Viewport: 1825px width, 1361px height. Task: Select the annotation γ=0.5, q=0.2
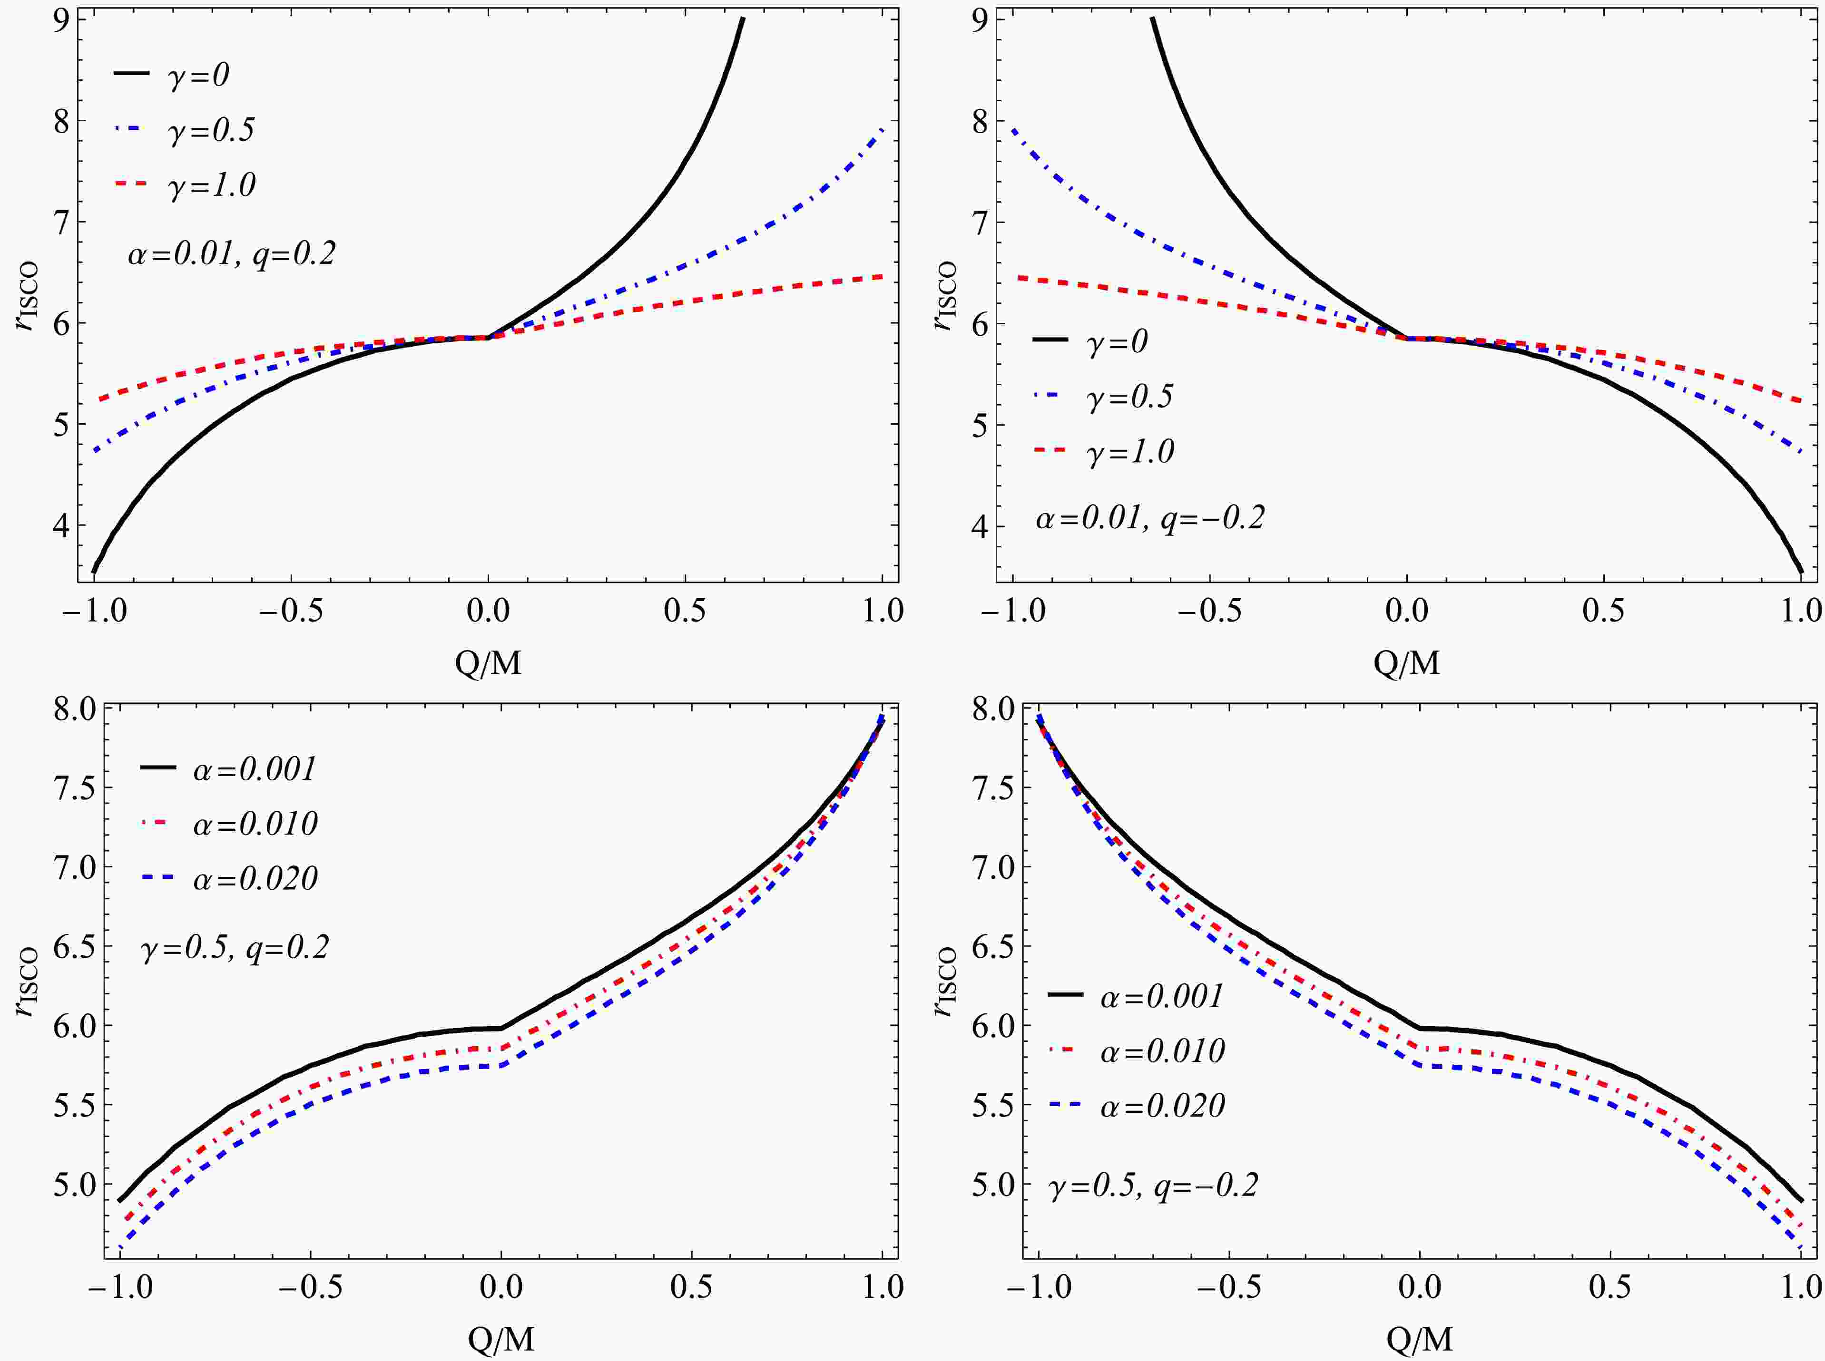pyautogui.click(x=235, y=947)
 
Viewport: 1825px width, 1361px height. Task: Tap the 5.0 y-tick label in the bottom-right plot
pyautogui.click(x=993, y=1185)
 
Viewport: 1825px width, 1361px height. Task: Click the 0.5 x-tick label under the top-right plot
pyautogui.click(x=1603, y=611)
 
